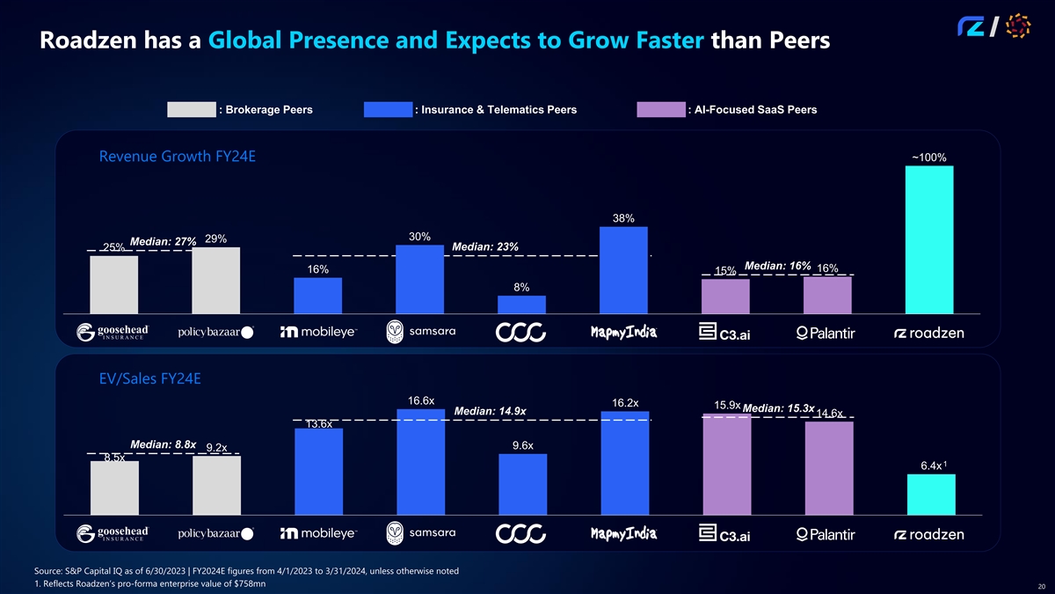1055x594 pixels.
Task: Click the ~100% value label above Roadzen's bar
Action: click(928, 158)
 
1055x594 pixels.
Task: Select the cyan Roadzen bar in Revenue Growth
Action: click(929, 238)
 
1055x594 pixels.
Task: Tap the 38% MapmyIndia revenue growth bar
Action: click(623, 269)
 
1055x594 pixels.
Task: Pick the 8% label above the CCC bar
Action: click(521, 288)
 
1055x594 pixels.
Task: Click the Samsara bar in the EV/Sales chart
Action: click(420, 462)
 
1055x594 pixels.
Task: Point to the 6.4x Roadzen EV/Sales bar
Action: click(929, 495)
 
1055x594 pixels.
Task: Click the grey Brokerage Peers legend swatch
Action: click(191, 110)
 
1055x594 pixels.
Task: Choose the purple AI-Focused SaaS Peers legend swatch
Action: click(660, 110)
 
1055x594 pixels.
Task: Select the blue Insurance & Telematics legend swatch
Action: click(388, 110)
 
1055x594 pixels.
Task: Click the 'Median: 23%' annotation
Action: click(485, 247)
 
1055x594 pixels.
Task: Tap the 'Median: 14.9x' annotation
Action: click(491, 411)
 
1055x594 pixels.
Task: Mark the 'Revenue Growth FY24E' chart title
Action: click(178, 158)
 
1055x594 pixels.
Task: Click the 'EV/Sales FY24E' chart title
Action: click(149, 379)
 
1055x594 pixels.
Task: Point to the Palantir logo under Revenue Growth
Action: click(827, 333)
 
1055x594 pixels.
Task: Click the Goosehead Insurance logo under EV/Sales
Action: click(113, 534)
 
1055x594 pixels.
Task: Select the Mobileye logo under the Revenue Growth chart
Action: click(317, 333)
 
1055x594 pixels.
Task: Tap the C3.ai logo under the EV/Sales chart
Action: click(725, 534)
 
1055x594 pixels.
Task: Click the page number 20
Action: click(1041, 587)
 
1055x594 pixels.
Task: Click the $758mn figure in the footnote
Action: click(251, 583)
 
